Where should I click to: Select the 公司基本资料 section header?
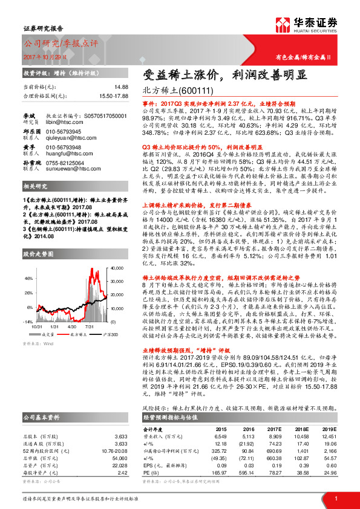pyautogui.click(x=41, y=417)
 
